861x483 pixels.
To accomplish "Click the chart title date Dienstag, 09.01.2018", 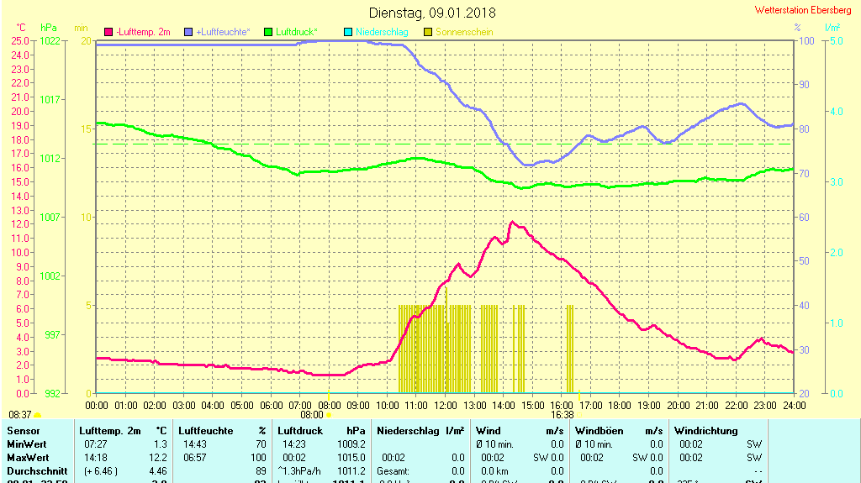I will (432, 13).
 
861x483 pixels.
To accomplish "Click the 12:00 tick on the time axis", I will (446, 405).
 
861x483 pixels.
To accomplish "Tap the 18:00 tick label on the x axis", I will (620, 405).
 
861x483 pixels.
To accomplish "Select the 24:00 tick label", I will (794, 405).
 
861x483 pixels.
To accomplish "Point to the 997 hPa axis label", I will (52, 335).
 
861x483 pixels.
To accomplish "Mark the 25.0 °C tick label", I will (21, 40).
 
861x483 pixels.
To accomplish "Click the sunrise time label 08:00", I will (312, 414).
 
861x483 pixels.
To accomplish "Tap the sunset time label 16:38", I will (563, 414).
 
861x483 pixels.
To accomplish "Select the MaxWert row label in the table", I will (28, 458).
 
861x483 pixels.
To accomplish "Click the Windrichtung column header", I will (705, 431).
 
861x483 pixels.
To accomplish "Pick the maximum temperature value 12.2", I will (158, 458).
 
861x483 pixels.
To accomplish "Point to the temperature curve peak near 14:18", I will (511, 223).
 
